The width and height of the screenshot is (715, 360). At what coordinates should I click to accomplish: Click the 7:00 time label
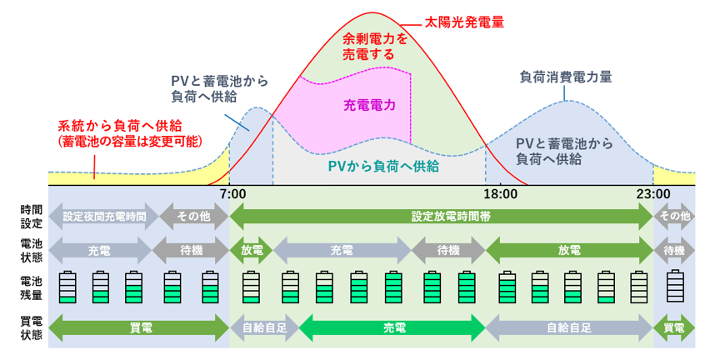[232, 194]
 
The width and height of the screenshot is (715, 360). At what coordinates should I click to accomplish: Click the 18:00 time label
[500, 194]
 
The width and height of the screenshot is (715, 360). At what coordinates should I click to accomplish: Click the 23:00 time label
[652, 194]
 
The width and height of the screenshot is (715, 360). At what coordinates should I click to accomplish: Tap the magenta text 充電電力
[368, 105]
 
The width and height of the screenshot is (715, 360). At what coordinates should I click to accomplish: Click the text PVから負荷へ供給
[382, 166]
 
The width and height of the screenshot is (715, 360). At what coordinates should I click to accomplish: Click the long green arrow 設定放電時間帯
[439, 216]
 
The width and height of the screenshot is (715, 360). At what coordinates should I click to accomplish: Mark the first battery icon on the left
[67, 286]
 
